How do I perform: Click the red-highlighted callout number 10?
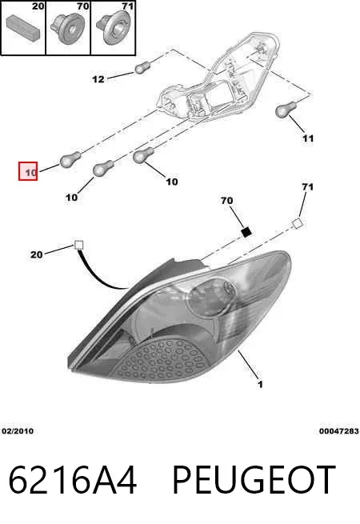point(30,173)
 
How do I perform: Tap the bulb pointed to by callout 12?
point(142,68)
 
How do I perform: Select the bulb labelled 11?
point(286,109)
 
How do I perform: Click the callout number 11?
point(307,138)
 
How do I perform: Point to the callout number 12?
point(98,79)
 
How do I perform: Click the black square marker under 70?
point(246,231)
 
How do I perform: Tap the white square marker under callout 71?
point(297,223)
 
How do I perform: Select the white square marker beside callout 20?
point(78,246)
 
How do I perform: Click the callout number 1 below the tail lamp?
point(260,384)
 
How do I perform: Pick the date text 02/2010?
point(18,431)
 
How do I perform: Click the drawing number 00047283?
point(338,431)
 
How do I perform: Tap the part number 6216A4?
point(73,479)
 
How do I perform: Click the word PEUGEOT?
point(254,479)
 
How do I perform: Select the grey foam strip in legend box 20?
point(23,26)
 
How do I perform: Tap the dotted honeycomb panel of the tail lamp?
point(162,359)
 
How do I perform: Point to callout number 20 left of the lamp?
point(37,254)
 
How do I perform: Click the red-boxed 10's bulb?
point(70,158)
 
